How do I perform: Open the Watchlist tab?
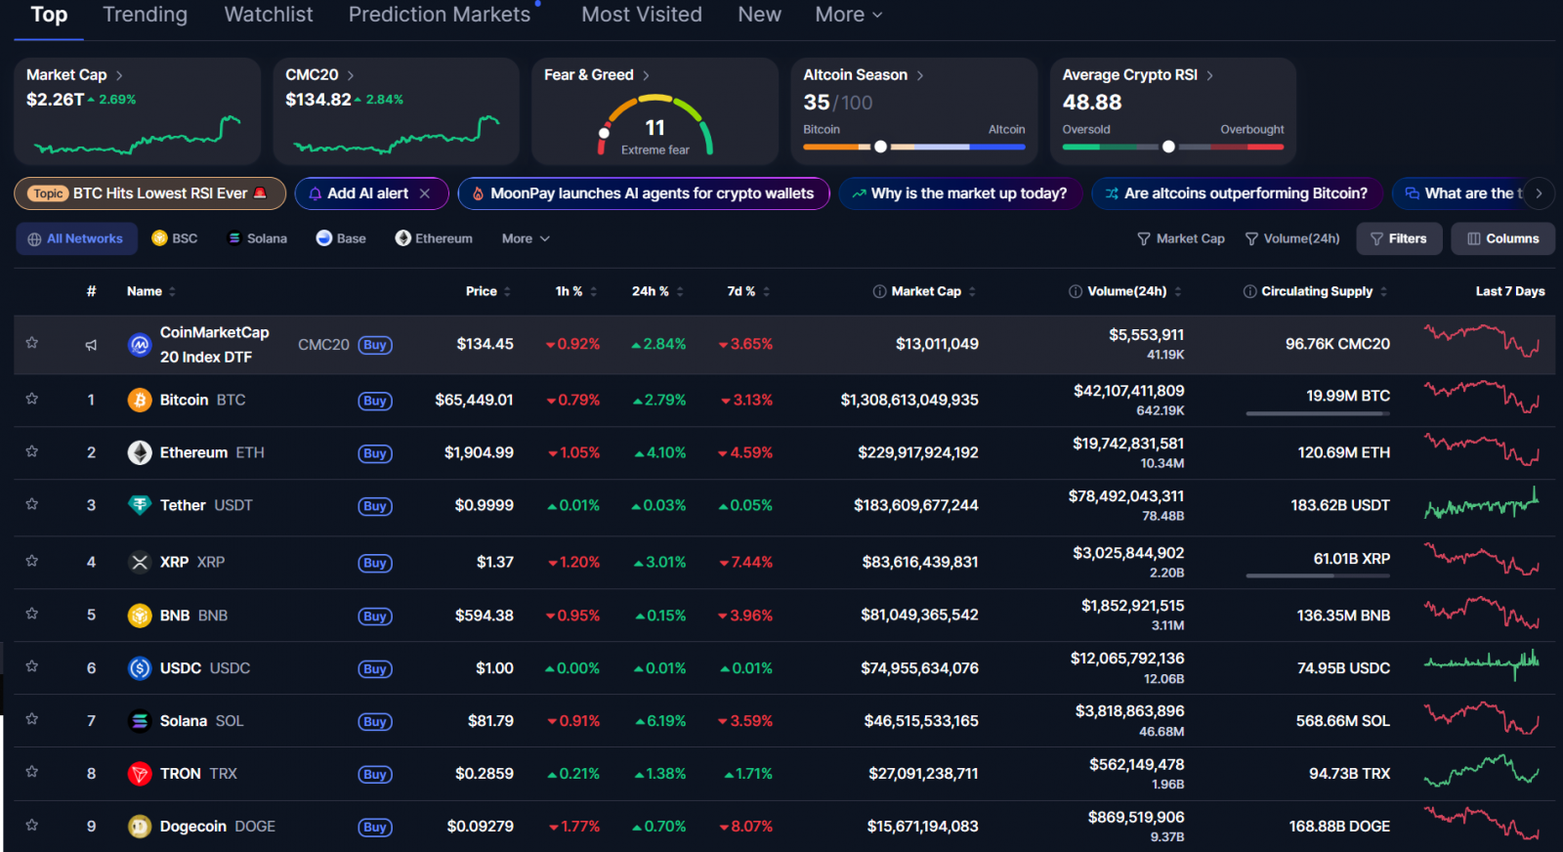tap(269, 15)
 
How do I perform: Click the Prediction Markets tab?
tap(440, 15)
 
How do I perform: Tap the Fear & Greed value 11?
tap(655, 128)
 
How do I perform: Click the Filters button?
tap(1399, 238)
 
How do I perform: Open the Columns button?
tap(1502, 238)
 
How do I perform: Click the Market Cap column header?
tap(925, 291)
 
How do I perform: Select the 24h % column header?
tap(651, 291)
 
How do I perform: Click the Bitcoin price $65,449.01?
tap(474, 400)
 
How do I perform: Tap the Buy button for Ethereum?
tap(375, 453)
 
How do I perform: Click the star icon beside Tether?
tap(32, 504)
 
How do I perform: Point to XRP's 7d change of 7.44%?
tap(746, 562)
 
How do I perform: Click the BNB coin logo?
tap(140, 616)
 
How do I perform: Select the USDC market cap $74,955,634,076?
tap(919, 668)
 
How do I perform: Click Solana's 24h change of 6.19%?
tap(660, 721)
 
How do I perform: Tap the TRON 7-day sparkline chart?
tap(1481, 771)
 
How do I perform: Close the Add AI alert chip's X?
tap(425, 193)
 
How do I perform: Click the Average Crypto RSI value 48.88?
tap(1091, 103)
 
